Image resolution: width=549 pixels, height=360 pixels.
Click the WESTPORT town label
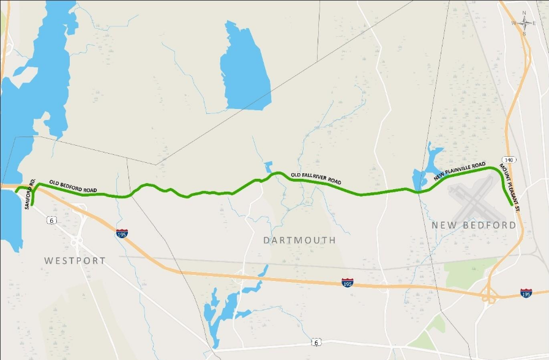tap(75, 261)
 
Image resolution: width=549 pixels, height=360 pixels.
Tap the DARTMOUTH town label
tap(300, 241)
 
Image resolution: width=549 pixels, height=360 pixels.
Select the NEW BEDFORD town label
tap(474, 226)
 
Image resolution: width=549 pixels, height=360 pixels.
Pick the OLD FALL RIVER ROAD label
tap(316, 179)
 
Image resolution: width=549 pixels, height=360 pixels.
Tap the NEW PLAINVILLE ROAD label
tap(460, 171)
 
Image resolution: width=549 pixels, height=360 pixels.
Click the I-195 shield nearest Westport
tap(122, 233)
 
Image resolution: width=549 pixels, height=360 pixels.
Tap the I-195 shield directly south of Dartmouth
tap(347, 282)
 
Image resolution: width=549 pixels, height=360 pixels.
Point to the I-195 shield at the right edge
tap(526, 293)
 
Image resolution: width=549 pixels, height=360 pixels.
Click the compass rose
tap(525, 23)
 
